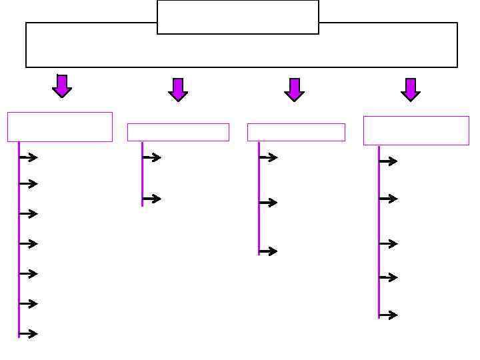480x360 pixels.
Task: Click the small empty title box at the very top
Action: point(237,17)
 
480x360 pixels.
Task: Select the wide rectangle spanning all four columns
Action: point(241,51)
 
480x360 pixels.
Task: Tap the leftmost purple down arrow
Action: point(62,86)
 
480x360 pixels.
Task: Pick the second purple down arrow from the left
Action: point(178,89)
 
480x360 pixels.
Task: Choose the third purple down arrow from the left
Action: point(294,89)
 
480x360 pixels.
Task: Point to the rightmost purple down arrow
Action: point(411,89)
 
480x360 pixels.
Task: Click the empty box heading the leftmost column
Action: point(60,127)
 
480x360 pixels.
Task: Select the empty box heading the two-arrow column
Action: point(178,132)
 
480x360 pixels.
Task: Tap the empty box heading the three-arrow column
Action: point(296,132)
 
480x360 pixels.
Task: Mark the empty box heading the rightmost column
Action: point(416,131)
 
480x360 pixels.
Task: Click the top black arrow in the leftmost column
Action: point(29,158)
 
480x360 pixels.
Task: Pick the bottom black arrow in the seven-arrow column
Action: point(29,334)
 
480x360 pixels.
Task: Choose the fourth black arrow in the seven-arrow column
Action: point(29,244)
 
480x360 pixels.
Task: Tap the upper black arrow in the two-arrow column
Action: point(152,158)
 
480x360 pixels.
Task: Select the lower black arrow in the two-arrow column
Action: point(152,199)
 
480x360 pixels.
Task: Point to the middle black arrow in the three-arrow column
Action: point(268,203)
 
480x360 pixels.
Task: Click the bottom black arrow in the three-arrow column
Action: point(268,252)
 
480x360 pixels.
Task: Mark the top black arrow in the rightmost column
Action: point(388,161)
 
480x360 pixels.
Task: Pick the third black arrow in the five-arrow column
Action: point(388,244)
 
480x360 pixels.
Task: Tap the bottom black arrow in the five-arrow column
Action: point(388,315)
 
